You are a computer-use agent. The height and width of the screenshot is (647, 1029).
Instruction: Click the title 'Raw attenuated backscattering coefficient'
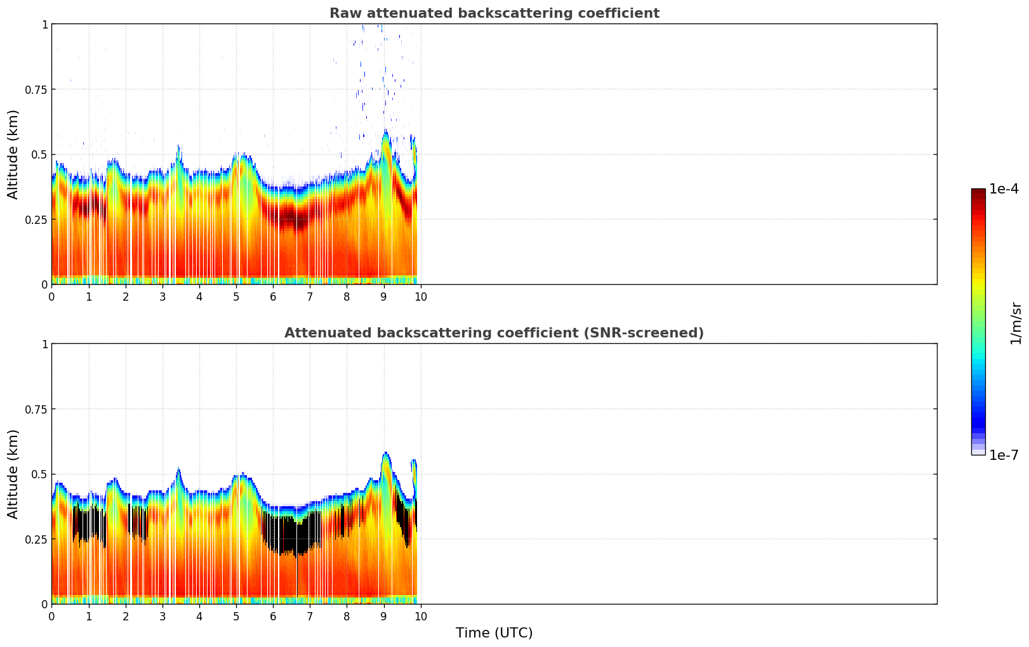(x=494, y=13)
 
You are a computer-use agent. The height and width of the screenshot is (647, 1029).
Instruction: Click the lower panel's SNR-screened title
(x=494, y=333)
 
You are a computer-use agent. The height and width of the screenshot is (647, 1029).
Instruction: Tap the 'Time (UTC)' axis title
(x=494, y=633)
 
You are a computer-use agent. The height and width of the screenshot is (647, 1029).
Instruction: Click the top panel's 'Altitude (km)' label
(x=13, y=154)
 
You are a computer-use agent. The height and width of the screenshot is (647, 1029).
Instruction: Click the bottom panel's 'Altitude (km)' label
(x=13, y=474)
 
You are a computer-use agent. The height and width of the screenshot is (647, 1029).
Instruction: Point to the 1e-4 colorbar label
(x=1004, y=189)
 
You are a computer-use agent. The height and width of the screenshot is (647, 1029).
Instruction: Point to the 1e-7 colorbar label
(x=1004, y=455)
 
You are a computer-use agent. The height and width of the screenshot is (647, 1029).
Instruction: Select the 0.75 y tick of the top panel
(x=36, y=89)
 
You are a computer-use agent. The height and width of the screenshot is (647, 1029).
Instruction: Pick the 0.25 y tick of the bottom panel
(x=36, y=539)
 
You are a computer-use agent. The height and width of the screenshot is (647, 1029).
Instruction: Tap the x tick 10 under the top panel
(x=420, y=296)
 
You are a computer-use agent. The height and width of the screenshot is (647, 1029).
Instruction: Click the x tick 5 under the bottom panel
(x=236, y=616)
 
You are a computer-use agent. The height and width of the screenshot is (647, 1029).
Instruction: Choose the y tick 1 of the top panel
(x=44, y=24)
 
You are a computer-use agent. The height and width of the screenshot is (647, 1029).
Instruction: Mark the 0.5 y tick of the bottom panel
(x=39, y=474)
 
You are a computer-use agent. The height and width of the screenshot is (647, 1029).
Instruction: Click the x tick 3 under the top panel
(x=163, y=296)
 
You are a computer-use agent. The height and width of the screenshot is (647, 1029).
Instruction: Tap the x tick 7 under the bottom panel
(x=310, y=616)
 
